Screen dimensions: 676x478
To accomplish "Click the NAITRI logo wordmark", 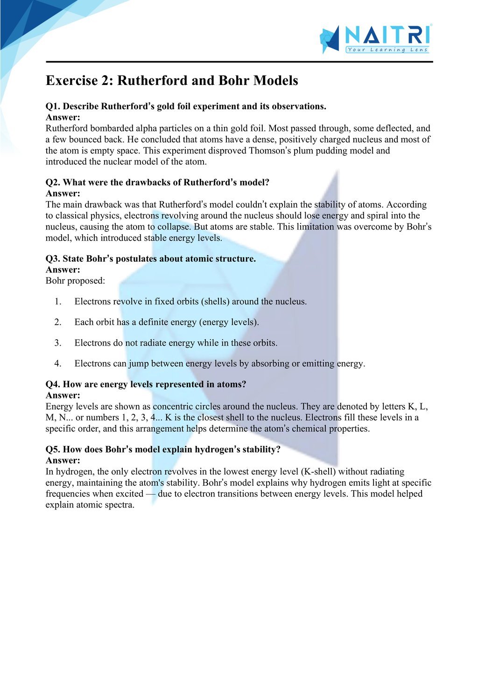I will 387,35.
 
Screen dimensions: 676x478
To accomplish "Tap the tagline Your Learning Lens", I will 387,50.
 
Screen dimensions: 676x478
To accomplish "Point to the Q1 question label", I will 53,106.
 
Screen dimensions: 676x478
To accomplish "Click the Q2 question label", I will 53,182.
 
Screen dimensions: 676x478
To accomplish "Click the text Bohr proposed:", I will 75,281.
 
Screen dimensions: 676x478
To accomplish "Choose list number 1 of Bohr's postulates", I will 58,301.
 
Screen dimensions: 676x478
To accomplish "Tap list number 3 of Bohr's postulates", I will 58,343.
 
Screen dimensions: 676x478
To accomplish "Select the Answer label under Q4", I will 63,396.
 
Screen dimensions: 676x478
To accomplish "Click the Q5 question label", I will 53,450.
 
